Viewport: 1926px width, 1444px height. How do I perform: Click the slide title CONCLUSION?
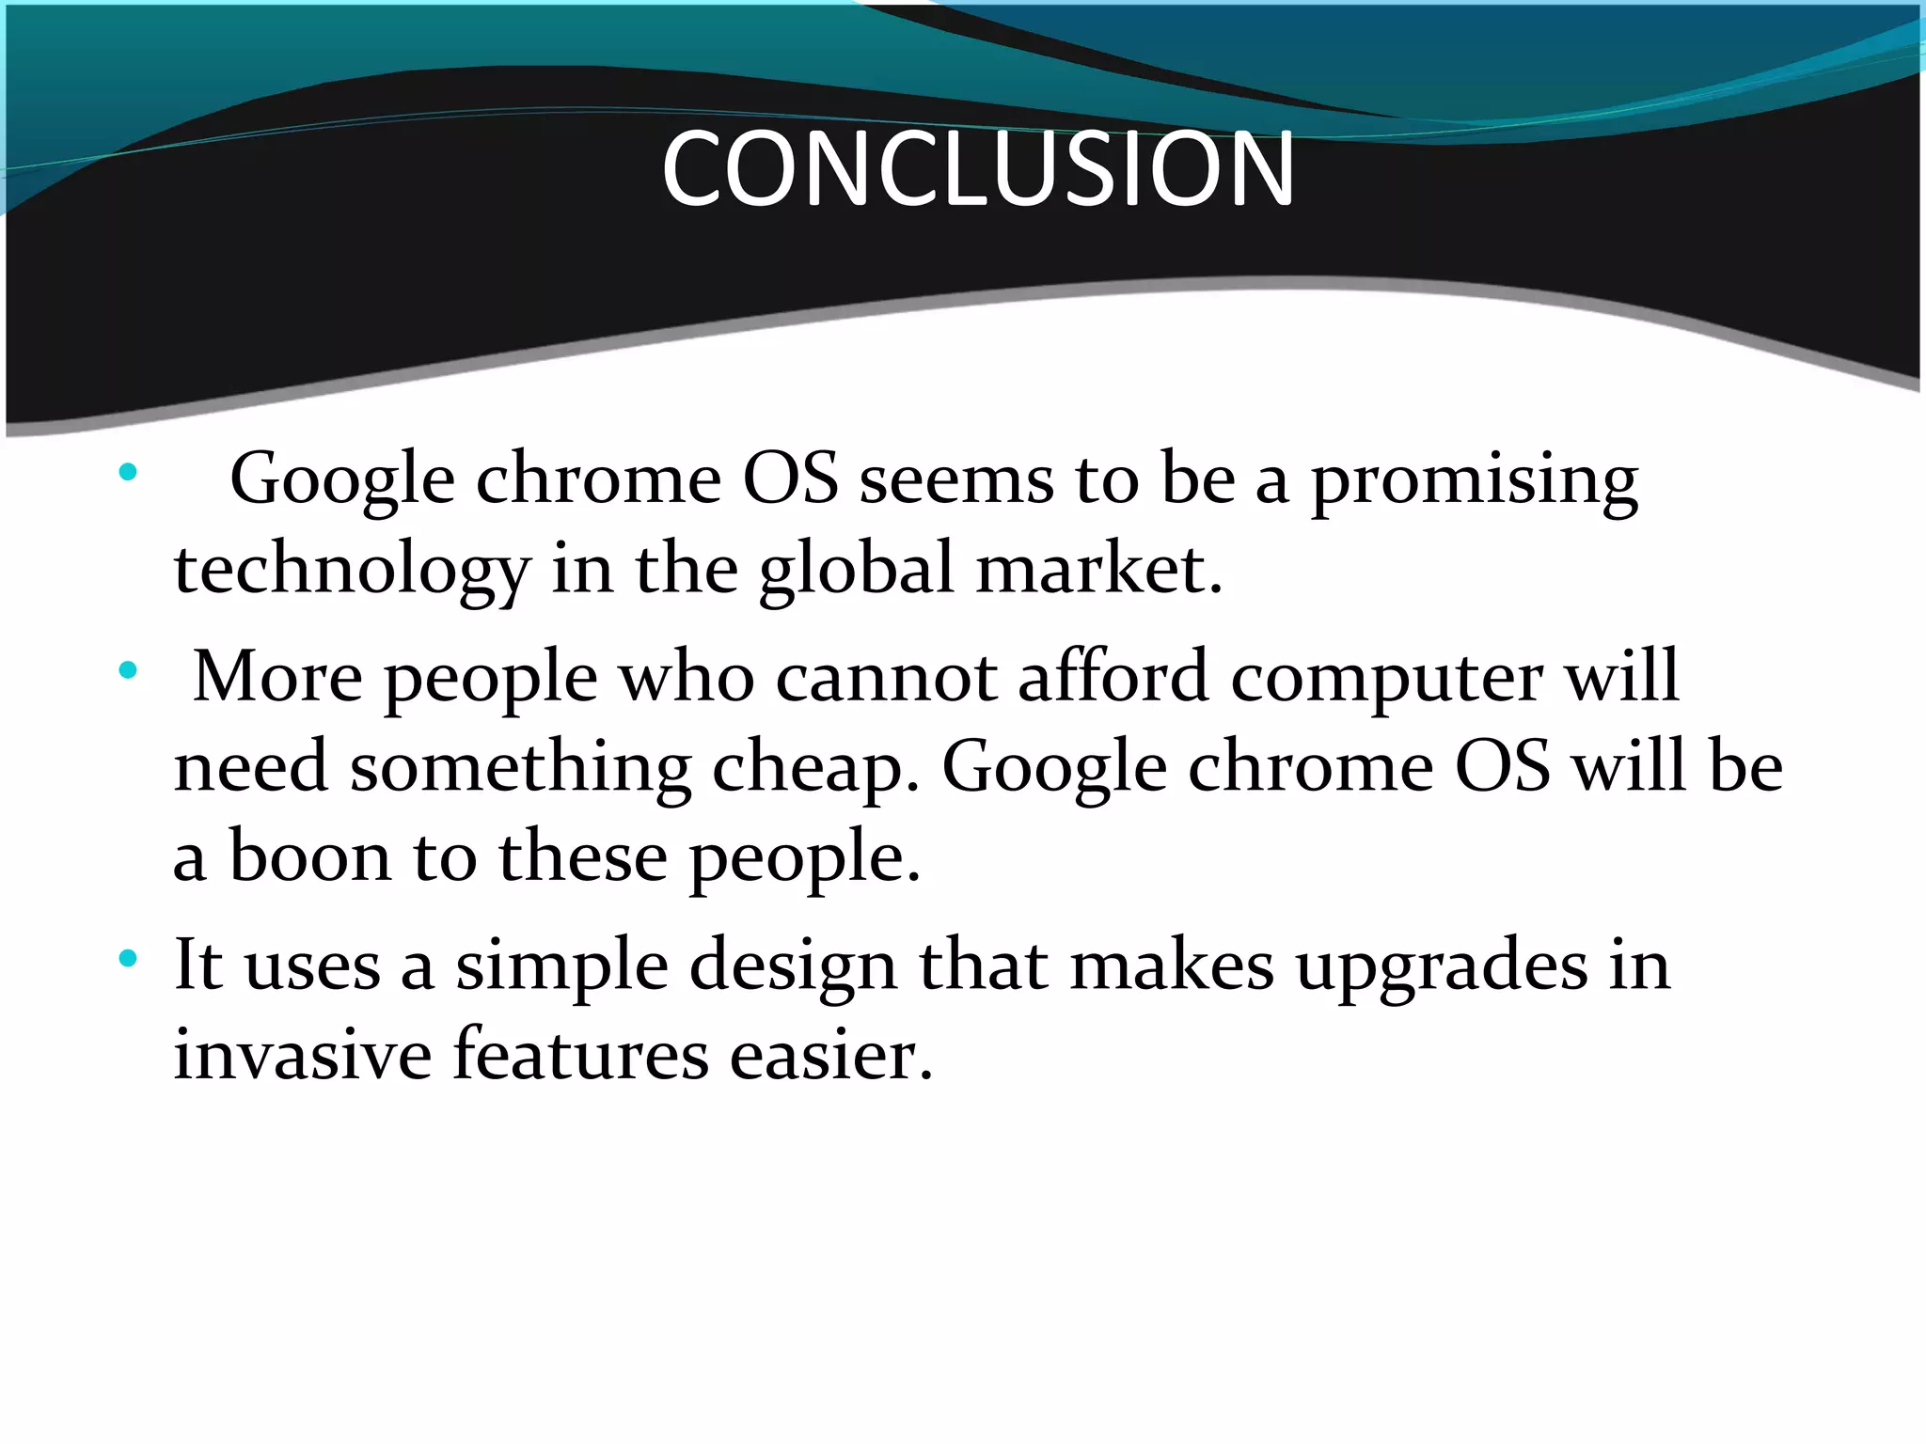[978, 169]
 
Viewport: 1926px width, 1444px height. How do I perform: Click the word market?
[1098, 570]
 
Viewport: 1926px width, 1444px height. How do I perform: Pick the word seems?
[956, 479]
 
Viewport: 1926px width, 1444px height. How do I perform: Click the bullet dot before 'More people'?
[129, 671]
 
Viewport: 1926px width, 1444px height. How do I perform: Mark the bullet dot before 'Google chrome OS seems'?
[129, 471]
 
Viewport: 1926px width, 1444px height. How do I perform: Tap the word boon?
[310, 856]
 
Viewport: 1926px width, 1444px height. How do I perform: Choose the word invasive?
[303, 1054]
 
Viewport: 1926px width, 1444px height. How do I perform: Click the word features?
[580, 1054]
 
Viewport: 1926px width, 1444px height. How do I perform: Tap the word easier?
[831, 1054]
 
